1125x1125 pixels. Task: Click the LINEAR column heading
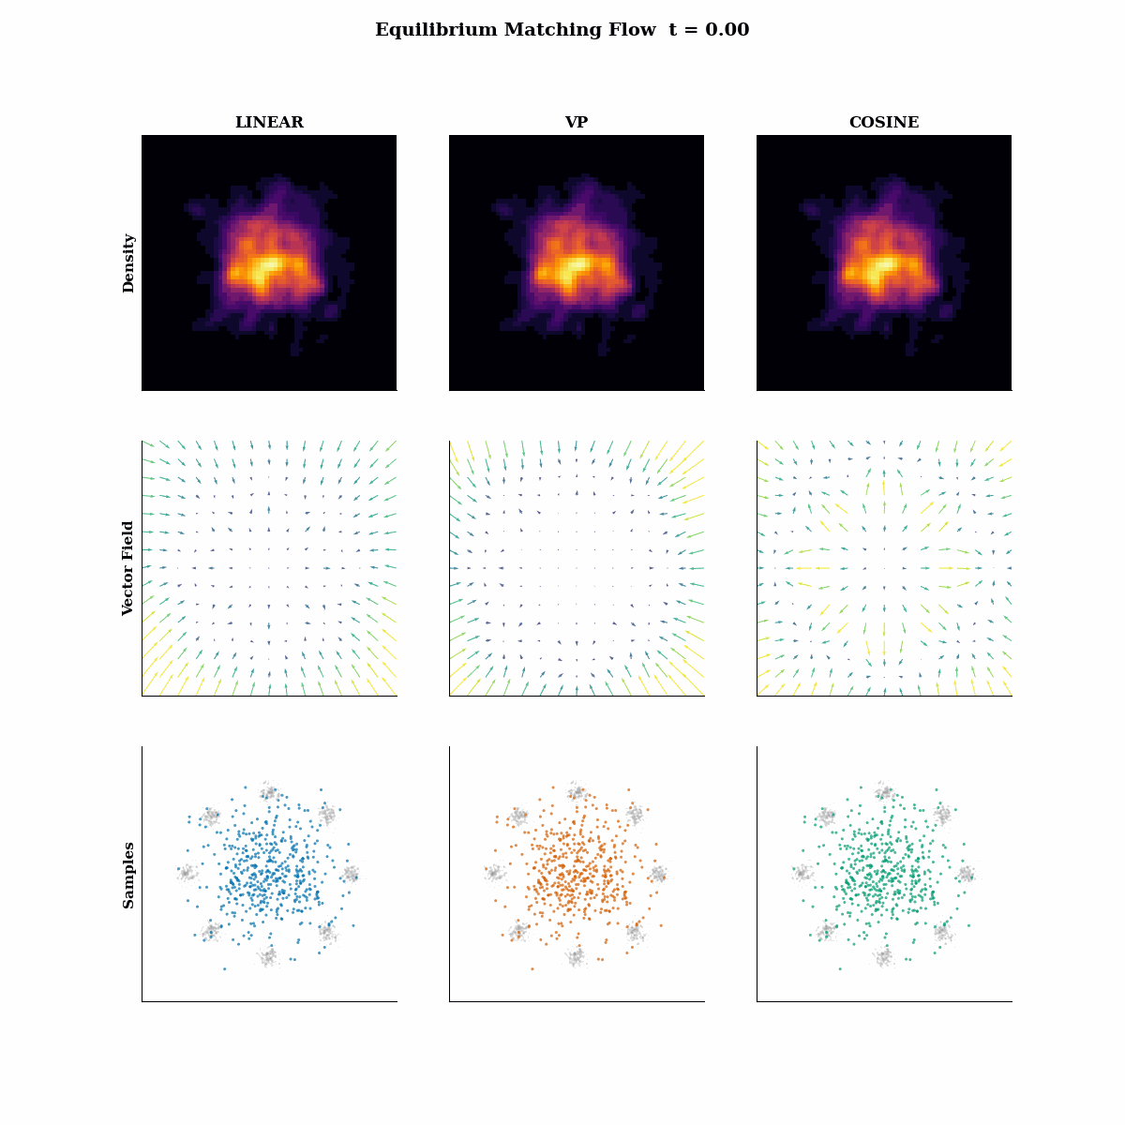pyautogui.click(x=269, y=123)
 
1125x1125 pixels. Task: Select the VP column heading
pyautogui.click(x=576, y=123)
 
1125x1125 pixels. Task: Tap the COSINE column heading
pyautogui.click(x=883, y=123)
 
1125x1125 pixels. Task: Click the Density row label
pyautogui.click(x=128, y=263)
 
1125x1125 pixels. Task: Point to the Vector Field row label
pyautogui.click(x=128, y=568)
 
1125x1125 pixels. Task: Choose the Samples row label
pyautogui.click(x=128, y=875)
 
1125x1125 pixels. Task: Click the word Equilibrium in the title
pyautogui.click(x=436, y=30)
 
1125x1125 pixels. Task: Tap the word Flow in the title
pyautogui.click(x=635, y=30)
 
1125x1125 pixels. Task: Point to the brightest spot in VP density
pyautogui.click(x=574, y=267)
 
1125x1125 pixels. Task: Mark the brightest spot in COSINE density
pyautogui.click(x=882, y=268)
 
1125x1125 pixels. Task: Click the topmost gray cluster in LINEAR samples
pyautogui.click(x=269, y=793)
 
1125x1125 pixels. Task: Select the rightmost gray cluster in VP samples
pyautogui.click(x=658, y=875)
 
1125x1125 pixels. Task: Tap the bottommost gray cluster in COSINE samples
pyautogui.click(x=883, y=957)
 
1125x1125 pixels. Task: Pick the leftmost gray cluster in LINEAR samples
pyautogui.click(x=187, y=874)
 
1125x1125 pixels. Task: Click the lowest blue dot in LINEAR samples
pyautogui.click(x=224, y=968)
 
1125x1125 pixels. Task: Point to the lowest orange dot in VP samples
pyautogui.click(x=532, y=968)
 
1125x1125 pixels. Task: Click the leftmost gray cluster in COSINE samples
pyautogui.click(x=801, y=874)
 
